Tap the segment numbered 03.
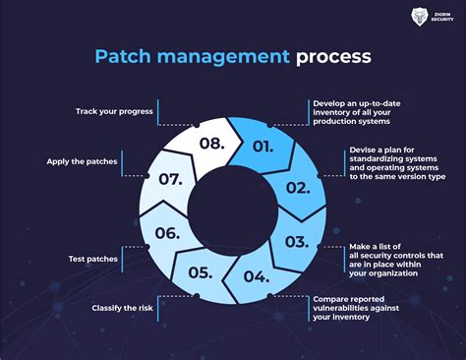[x=295, y=240]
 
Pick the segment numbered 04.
[x=258, y=276]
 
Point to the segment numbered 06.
[x=167, y=234]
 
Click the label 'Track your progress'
[x=114, y=110]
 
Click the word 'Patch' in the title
[x=121, y=56]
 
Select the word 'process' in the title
[x=334, y=56]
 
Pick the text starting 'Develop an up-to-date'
[x=360, y=113]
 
